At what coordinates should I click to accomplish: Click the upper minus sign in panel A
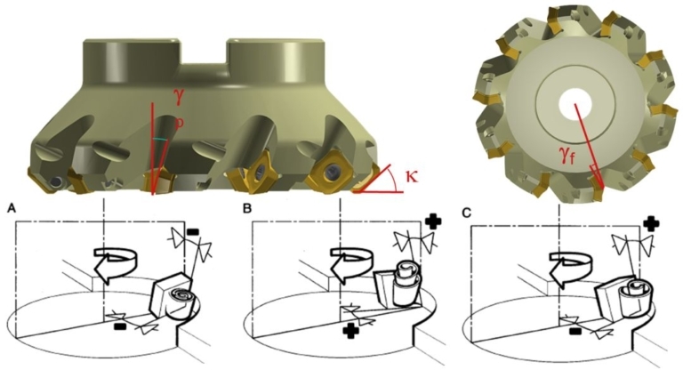192,231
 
